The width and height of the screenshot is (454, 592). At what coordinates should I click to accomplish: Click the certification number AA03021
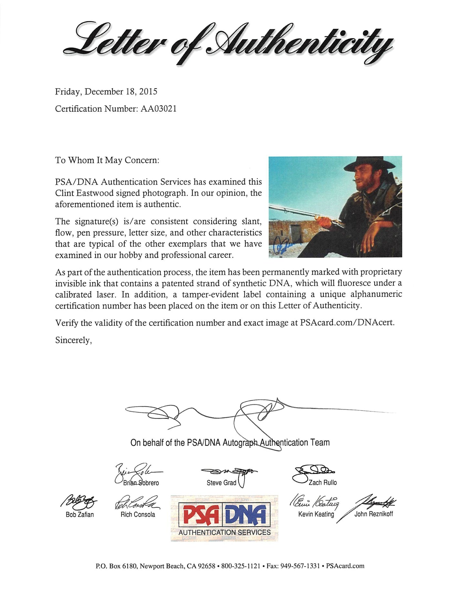(x=159, y=109)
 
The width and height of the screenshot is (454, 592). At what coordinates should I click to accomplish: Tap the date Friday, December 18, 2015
(x=106, y=92)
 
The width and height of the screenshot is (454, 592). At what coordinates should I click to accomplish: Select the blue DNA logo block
(x=247, y=515)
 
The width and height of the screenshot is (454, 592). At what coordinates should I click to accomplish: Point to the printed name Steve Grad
(x=222, y=483)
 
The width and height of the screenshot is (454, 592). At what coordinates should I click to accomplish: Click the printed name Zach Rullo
(x=323, y=483)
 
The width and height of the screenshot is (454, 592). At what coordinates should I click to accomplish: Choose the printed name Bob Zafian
(x=80, y=514)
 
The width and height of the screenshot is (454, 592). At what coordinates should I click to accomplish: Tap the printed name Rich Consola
(x=138, y=514)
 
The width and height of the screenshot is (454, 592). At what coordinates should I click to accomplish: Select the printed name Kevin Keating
(x=316, y=514)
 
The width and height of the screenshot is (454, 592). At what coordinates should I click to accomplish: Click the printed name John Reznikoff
(x=374, y=514)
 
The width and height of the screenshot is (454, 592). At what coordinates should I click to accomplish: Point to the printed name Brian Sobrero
(x=141, y=483)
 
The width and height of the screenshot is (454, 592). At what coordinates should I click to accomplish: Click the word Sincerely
(x=74, y=340)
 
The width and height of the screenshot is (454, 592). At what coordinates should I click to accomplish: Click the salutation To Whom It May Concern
(x=107, y=161)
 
